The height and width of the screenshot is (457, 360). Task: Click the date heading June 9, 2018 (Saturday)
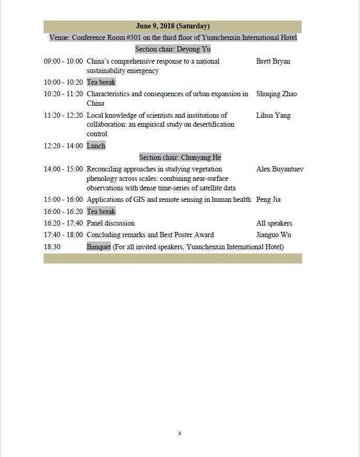click(x=172, y=26)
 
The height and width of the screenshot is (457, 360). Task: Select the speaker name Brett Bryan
click(x=273, y=62)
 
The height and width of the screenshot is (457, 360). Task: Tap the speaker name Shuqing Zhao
click(x=276, y=94)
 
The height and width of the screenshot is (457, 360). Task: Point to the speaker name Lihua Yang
click(x=273, y=116)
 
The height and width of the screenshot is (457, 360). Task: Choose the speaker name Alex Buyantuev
click(x=279, y=169)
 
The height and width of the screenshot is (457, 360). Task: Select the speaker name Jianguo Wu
click(x=273, y=235)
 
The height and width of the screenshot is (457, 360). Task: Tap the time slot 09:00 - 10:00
click(x=63, y=62)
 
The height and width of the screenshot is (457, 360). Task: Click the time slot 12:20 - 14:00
click(x=63, y=146)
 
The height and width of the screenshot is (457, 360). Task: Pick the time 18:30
click(x=52, y=247)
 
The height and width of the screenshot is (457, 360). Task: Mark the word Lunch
click(x=96, y=146)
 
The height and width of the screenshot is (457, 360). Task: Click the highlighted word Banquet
click(x=99, y=247)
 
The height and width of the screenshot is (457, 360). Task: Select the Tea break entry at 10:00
click(x=101, y=83)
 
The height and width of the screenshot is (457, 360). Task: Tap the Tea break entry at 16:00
click(x=101, y=211)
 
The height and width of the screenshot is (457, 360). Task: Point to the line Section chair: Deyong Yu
click(x=172, y=49)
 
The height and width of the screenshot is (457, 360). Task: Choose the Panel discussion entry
click(x=110, y=224)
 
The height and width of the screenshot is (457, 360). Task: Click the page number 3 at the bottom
click(x=179, y=433)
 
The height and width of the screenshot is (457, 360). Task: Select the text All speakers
click(x=274, y=224)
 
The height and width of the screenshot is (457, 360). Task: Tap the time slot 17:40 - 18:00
click(x=63, y=235)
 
